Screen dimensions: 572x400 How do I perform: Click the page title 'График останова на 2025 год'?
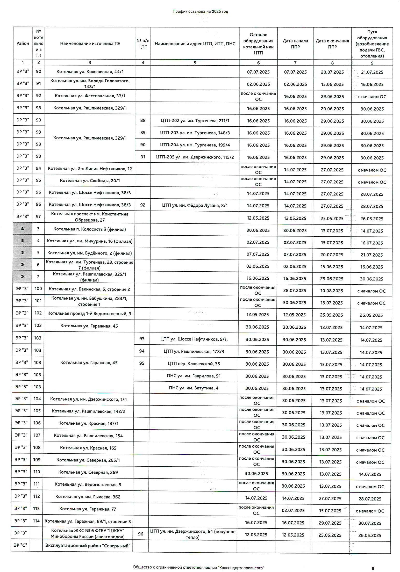click(x=201, y=11)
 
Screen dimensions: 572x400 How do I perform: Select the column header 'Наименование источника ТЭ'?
click(x=90, y=44)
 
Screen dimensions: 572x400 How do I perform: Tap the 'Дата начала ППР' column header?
click(x=295, y=44)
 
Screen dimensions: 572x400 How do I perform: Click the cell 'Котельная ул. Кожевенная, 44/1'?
click(x=90, y=72)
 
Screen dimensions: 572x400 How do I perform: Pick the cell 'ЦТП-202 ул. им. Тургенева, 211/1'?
click(x=195, y=121)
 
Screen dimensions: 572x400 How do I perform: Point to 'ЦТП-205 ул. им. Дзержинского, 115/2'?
click(x=195, y=157)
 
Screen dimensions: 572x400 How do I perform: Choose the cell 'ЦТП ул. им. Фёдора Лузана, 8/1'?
click(x=195, y=205)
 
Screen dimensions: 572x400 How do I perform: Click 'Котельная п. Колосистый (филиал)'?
click(x=90, y=229)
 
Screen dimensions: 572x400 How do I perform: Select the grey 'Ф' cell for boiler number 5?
click(x=22, y=253)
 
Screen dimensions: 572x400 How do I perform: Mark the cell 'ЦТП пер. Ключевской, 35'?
click(x=194, y=364)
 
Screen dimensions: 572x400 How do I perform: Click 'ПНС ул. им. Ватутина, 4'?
click(x=194, y=388)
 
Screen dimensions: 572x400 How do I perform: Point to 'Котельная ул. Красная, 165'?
click(x=88, y=448)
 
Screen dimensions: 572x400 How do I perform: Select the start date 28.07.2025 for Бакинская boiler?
click(x=295, y=291)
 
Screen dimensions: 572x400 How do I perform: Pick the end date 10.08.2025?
click(x=331, y=291)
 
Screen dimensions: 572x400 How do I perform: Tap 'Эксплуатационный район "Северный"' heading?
click(x=88, y=546)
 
